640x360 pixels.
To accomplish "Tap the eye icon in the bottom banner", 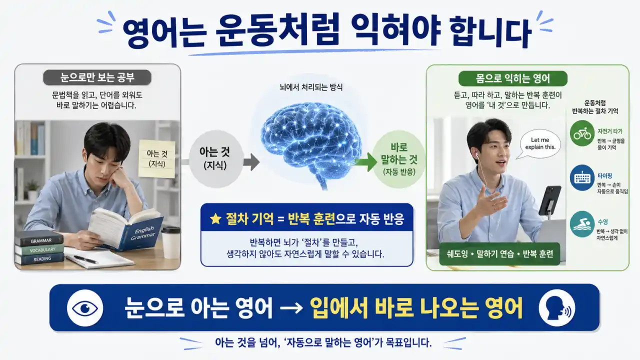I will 84,307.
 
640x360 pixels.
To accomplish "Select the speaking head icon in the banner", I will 556,307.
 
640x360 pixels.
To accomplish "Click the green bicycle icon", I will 582,134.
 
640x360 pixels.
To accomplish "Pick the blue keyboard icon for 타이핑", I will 582,178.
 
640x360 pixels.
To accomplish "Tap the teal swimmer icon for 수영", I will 582,225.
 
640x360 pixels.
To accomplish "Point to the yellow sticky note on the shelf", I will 156,158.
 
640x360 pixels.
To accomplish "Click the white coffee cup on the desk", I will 170,242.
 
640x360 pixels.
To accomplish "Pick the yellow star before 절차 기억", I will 215,219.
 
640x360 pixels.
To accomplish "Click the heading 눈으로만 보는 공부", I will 97,78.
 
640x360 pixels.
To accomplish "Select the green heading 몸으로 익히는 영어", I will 513,78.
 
